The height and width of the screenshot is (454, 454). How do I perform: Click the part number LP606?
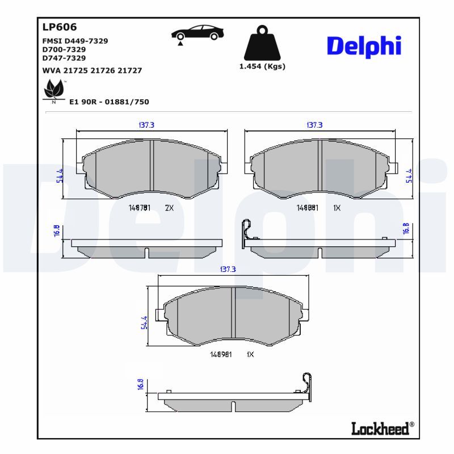[60, 27]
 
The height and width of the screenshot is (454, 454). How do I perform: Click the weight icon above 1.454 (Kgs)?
[262, 43]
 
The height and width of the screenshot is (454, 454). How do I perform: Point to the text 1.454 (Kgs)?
[262, 66]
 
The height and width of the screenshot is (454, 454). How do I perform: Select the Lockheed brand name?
[380, 428]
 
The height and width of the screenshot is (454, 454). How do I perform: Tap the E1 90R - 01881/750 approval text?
[109, 102]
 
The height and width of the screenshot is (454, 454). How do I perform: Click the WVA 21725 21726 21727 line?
[93, 71]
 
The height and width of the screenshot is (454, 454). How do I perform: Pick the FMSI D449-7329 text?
[75, 41]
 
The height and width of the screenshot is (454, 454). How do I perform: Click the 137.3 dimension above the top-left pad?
[147, 125]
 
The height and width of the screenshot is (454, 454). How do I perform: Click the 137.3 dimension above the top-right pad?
[314, 125]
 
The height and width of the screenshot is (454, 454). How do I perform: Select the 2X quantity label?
[169, 208]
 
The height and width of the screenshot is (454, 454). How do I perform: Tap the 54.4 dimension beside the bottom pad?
[144, 322]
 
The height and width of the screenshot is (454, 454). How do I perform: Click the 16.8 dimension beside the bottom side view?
[141, 384]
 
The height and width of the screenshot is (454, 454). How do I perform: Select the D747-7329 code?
[64, 58]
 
